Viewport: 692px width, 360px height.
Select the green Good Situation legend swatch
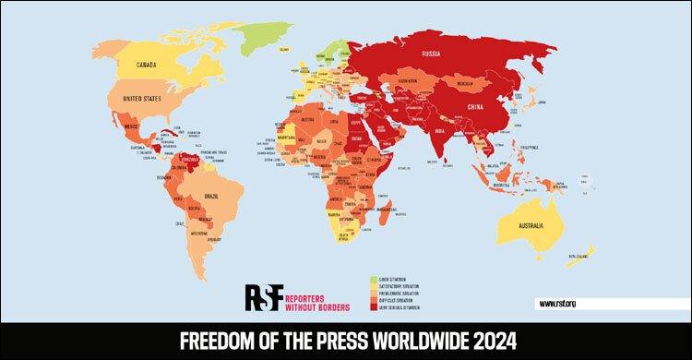(371, 279)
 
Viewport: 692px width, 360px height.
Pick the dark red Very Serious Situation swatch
(371, 308)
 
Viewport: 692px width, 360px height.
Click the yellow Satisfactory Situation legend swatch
(371, 286)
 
